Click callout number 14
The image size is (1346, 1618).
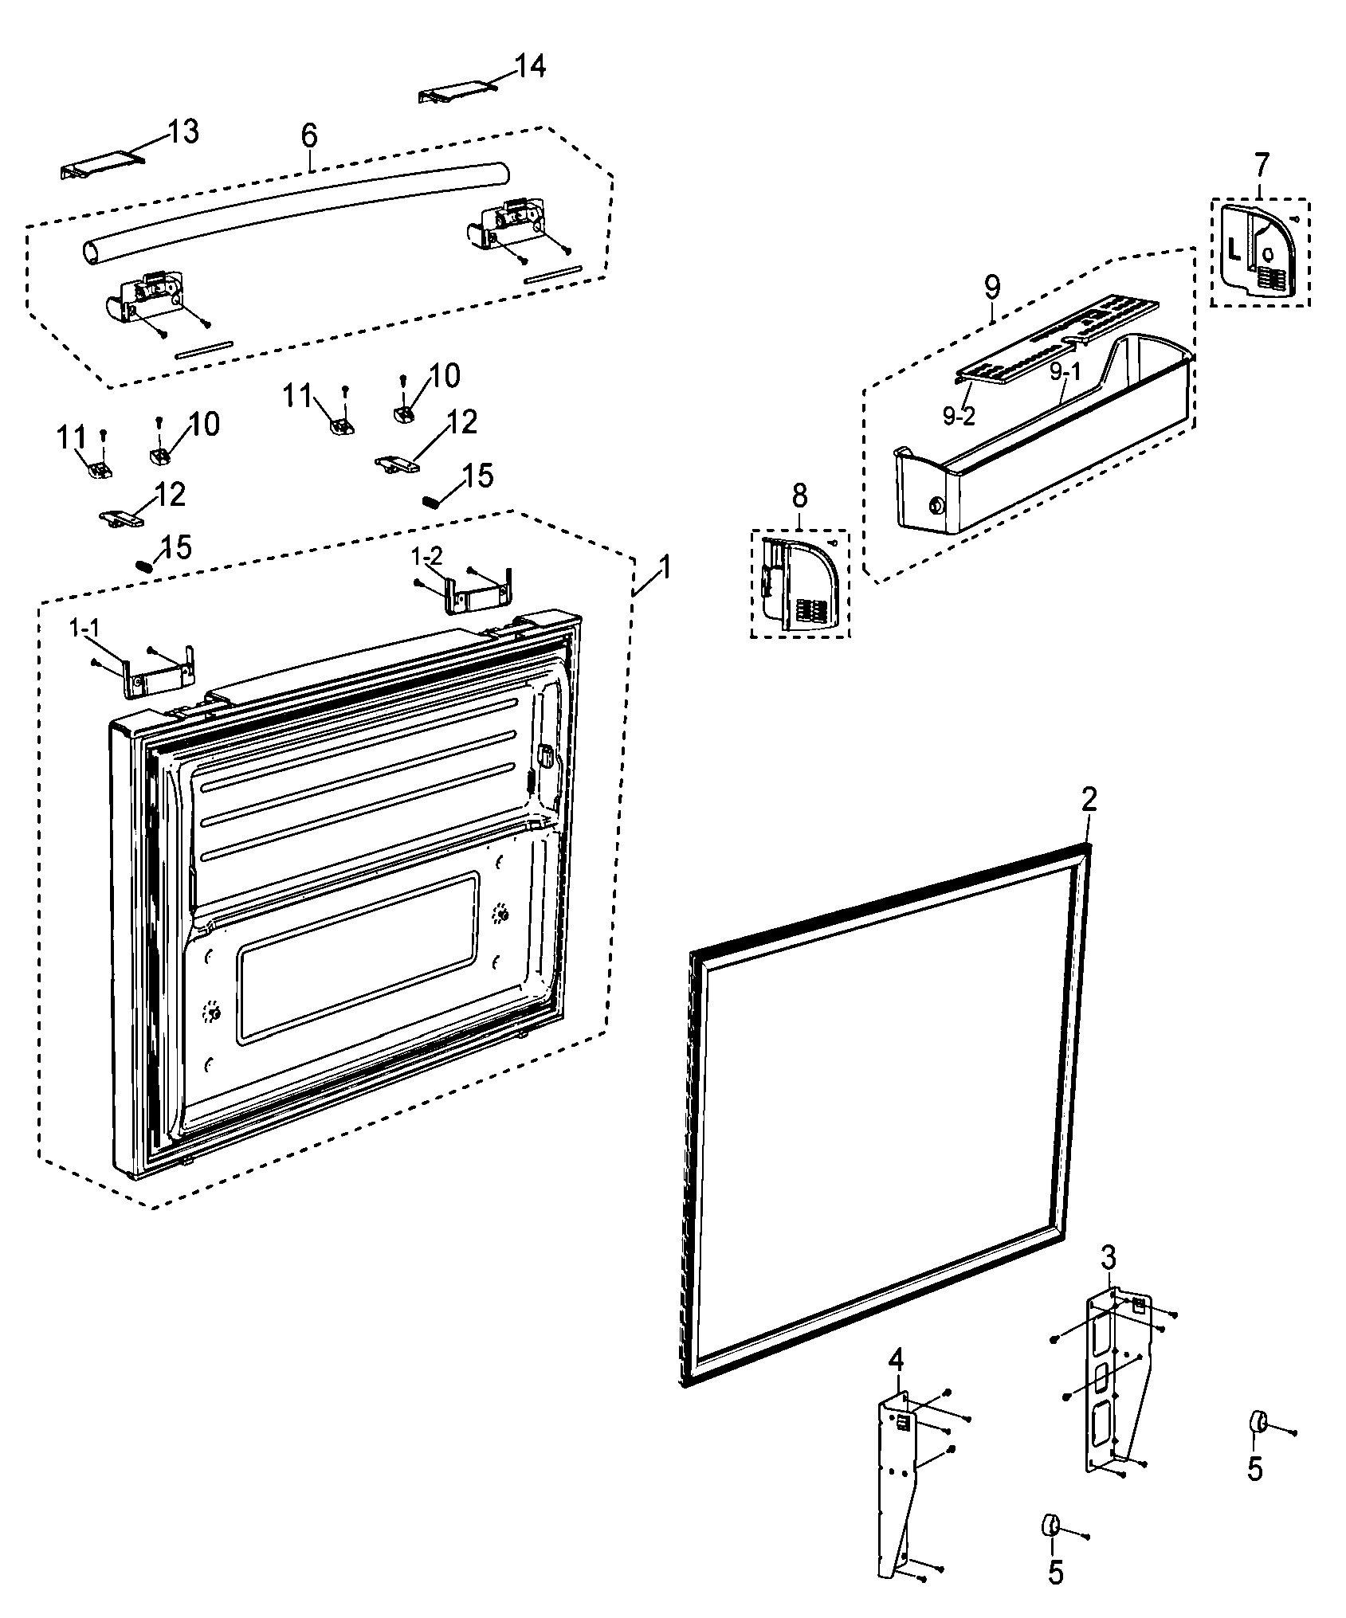[x=530, y=67]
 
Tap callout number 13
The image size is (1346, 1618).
[x=182, y=131]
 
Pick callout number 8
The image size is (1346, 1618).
[x=800, y=496]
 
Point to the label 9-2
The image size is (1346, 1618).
[x=959, y=417]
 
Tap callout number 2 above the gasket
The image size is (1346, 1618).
[x=1089, y=799]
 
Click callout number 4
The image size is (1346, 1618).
[x=897, y=1360]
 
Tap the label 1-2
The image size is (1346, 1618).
[x=427, y=556]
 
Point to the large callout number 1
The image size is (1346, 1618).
[x=663, y=568]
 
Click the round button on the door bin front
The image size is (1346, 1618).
[x=935, y=505]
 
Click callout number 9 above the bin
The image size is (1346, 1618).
[x=992, y=287]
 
